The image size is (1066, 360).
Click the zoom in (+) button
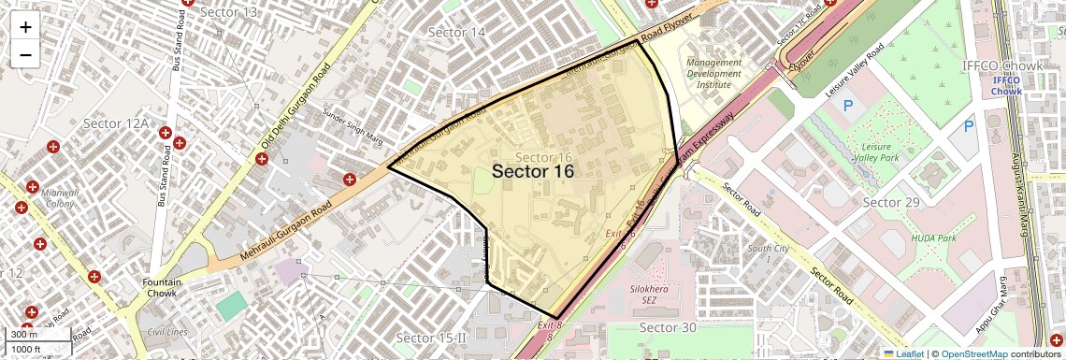point(25,27)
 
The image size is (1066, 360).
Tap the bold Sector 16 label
point(532,171)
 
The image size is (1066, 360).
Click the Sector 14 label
point(456,33)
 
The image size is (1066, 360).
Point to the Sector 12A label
point(116,123)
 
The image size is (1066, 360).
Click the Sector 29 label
point(891,203)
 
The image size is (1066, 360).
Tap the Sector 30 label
point(668,327)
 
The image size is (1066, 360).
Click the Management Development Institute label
point(713,73)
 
